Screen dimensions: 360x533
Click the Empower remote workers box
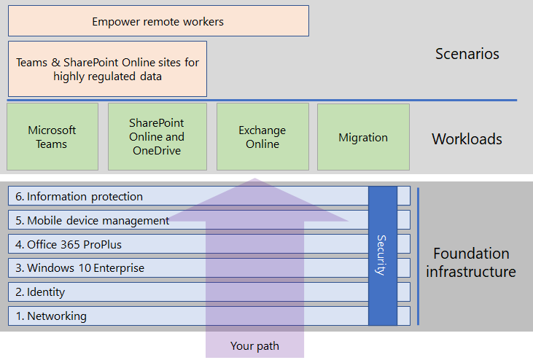pos(158,21)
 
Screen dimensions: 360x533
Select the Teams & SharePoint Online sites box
pos(107,69)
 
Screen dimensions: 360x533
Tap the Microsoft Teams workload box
pos(52,137)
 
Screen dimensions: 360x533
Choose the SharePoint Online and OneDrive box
pos(157,137)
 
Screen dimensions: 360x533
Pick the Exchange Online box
pos(262,137)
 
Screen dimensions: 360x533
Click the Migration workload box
pos(363,137)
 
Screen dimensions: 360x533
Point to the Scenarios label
pos(467,54)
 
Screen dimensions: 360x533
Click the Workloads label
pos(467,138)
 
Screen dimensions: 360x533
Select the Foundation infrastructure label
pos(471,263)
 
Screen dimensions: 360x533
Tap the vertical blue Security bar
pos(383,255)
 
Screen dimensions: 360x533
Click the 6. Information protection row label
pos(79,197)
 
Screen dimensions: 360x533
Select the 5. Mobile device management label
pos(93,221)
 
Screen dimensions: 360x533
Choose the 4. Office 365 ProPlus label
pos(75,244)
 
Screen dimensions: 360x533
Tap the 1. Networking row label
pos(51,316)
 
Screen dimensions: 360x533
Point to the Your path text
pos(254,346)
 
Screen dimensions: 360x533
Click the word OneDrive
pos(157,151)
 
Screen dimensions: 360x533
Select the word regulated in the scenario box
pos(108,76)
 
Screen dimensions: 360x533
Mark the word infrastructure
pos(471,273)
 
